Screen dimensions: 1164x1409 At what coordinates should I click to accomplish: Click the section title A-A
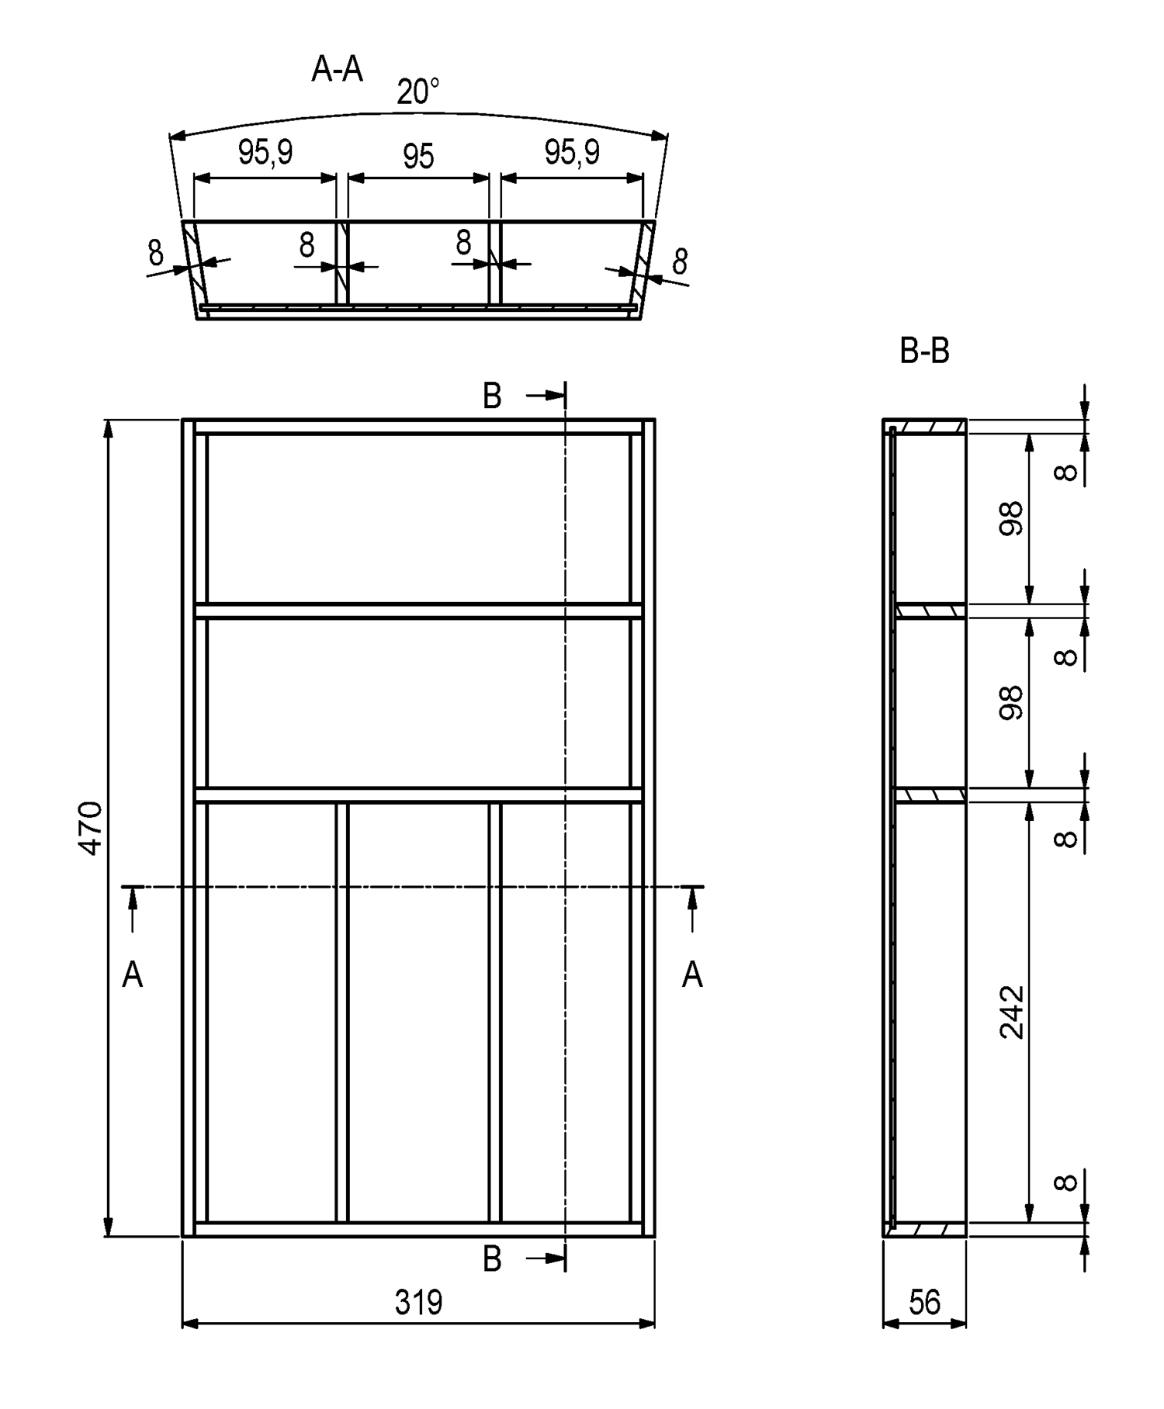click(x=338, y=69)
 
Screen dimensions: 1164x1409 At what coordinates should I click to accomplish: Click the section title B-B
click(x=924, y=351)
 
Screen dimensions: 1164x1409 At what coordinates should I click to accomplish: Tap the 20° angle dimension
click(x=418, y=92)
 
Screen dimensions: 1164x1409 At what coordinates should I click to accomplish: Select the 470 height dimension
click(x=91, y=828)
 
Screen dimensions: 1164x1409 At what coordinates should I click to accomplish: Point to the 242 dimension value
click(x=1012, y=1013)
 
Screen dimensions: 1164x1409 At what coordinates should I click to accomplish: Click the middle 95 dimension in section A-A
click(x=418, y=157)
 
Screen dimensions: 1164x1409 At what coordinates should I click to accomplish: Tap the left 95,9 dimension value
click(x=265, y=152)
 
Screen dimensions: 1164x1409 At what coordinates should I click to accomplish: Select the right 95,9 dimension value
click(x=572, y=152)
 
